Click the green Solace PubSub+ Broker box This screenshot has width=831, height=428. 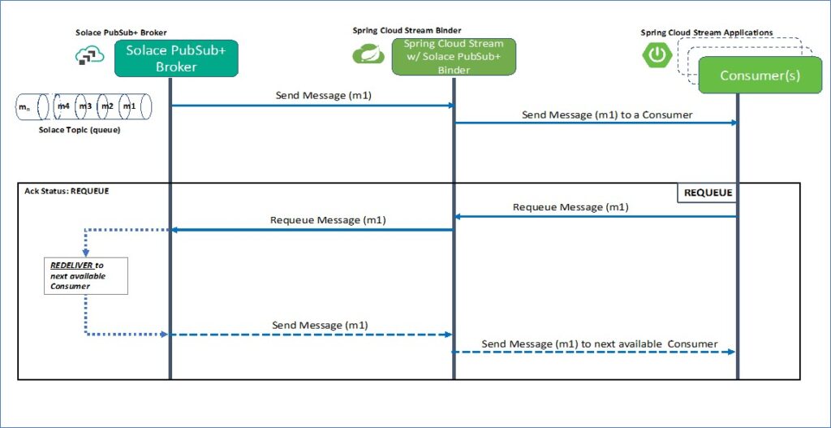click(176, 58)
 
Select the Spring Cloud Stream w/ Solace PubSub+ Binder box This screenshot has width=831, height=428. click(453, 57)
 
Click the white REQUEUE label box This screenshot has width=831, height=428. click(707, 193)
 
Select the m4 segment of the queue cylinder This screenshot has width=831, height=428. click(64, 107)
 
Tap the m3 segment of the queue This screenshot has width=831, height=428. click(85, 107)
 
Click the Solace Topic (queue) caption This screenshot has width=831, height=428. click(80, 130)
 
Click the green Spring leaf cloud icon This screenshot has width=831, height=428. click(368, 54)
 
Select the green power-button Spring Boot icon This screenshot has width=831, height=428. click(657, 55)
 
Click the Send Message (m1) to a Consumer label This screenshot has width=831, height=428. click(607, 115)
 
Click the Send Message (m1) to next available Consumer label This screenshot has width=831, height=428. click(599, 344)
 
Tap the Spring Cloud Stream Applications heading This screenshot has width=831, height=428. click(706, 32)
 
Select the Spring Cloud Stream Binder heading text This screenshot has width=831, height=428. click(407, 30)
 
